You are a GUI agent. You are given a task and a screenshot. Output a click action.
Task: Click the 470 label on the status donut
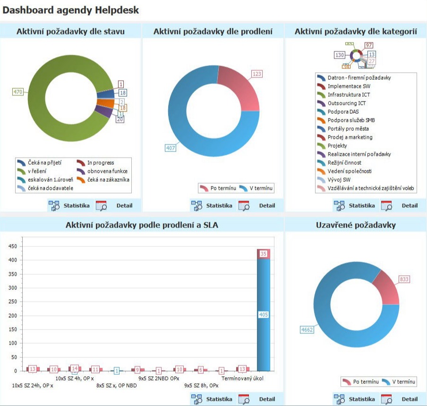tap(17, 92)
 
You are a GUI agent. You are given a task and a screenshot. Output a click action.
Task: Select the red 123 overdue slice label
tap(256, 74)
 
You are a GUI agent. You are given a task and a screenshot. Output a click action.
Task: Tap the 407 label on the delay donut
tap(171, 148)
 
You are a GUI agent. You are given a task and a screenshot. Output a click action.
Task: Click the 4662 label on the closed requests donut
tap(306, 330)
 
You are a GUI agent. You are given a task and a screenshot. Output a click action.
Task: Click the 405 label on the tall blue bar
tap(264, 314)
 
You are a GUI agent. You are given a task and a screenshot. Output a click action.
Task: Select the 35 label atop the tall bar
tap(264, 254)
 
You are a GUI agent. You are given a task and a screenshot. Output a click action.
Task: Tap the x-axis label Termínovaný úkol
tap(242, 378)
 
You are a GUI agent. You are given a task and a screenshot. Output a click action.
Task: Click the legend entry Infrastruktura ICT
tap(349, 94)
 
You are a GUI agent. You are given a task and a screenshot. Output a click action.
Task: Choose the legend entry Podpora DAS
tap(343, 111)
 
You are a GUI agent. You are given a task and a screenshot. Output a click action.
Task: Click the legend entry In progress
tap(100, 162)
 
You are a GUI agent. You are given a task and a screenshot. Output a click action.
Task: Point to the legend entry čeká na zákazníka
tap(108, 179)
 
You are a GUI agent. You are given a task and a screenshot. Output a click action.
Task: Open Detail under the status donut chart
tap(124, 205)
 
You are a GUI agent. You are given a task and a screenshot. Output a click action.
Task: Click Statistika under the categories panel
tap(361, 205)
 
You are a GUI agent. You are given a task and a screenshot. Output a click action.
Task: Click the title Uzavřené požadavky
tap(355, 225)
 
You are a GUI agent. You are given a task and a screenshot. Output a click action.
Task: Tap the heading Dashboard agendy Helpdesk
tap(71, 10)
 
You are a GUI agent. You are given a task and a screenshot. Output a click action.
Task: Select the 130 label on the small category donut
tap(340, 55)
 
